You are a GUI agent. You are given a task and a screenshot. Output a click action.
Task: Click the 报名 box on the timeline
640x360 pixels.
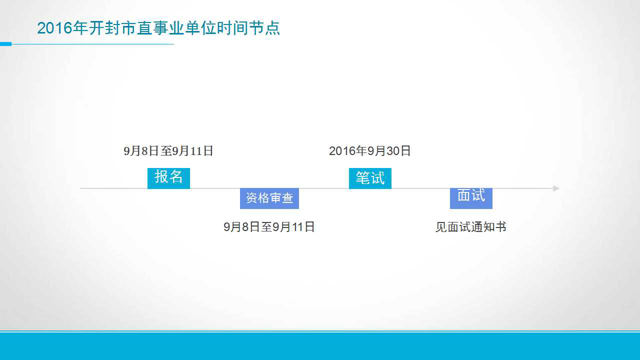168,178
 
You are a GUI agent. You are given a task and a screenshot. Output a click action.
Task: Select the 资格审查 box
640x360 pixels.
269,198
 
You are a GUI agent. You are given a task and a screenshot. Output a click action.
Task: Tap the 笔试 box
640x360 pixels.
370,178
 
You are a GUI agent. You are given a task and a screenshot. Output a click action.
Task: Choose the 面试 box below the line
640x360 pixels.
471,198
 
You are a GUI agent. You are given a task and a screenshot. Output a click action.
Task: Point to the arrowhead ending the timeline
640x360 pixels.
556,188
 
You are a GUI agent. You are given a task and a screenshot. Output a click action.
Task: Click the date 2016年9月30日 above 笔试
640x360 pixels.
369,151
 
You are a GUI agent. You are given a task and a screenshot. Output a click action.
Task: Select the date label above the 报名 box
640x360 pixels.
168,151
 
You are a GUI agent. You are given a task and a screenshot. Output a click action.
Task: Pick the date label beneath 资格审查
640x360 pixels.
269,227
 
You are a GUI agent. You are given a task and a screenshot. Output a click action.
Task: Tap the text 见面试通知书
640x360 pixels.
471,227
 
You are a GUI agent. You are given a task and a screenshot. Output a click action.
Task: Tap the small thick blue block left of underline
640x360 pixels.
5,44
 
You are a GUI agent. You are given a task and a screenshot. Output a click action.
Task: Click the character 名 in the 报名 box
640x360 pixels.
175,176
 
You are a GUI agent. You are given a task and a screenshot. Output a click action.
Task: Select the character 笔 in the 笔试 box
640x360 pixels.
363,177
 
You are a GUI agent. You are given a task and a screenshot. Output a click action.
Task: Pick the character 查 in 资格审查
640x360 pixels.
287,198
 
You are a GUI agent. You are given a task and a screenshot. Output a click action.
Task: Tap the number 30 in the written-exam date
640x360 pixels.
392,151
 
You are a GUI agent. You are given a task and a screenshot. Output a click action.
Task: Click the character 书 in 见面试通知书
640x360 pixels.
501,227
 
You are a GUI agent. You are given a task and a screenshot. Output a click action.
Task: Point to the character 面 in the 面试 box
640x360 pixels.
464,195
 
